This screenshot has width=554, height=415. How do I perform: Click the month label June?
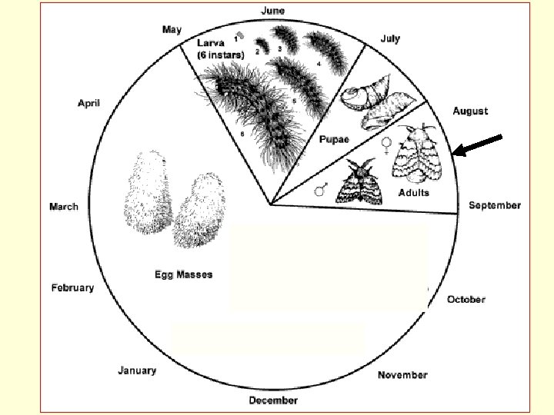click(273, 10)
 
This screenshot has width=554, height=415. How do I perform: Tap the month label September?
click(495, 205)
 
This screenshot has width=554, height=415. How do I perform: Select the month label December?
click(273, 400)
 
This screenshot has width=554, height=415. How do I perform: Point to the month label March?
click(64, 206)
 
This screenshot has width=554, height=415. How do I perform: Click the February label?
click(72, 287)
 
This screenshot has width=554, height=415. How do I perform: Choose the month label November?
click(402, 374)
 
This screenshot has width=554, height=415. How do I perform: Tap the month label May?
click(172, 30)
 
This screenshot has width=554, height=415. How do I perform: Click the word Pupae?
click(335, 139)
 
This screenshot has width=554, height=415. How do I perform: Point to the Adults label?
click(414, 192)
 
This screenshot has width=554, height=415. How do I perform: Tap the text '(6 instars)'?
click(221, 55)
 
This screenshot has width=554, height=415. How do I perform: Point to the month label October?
click(466, 299)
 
